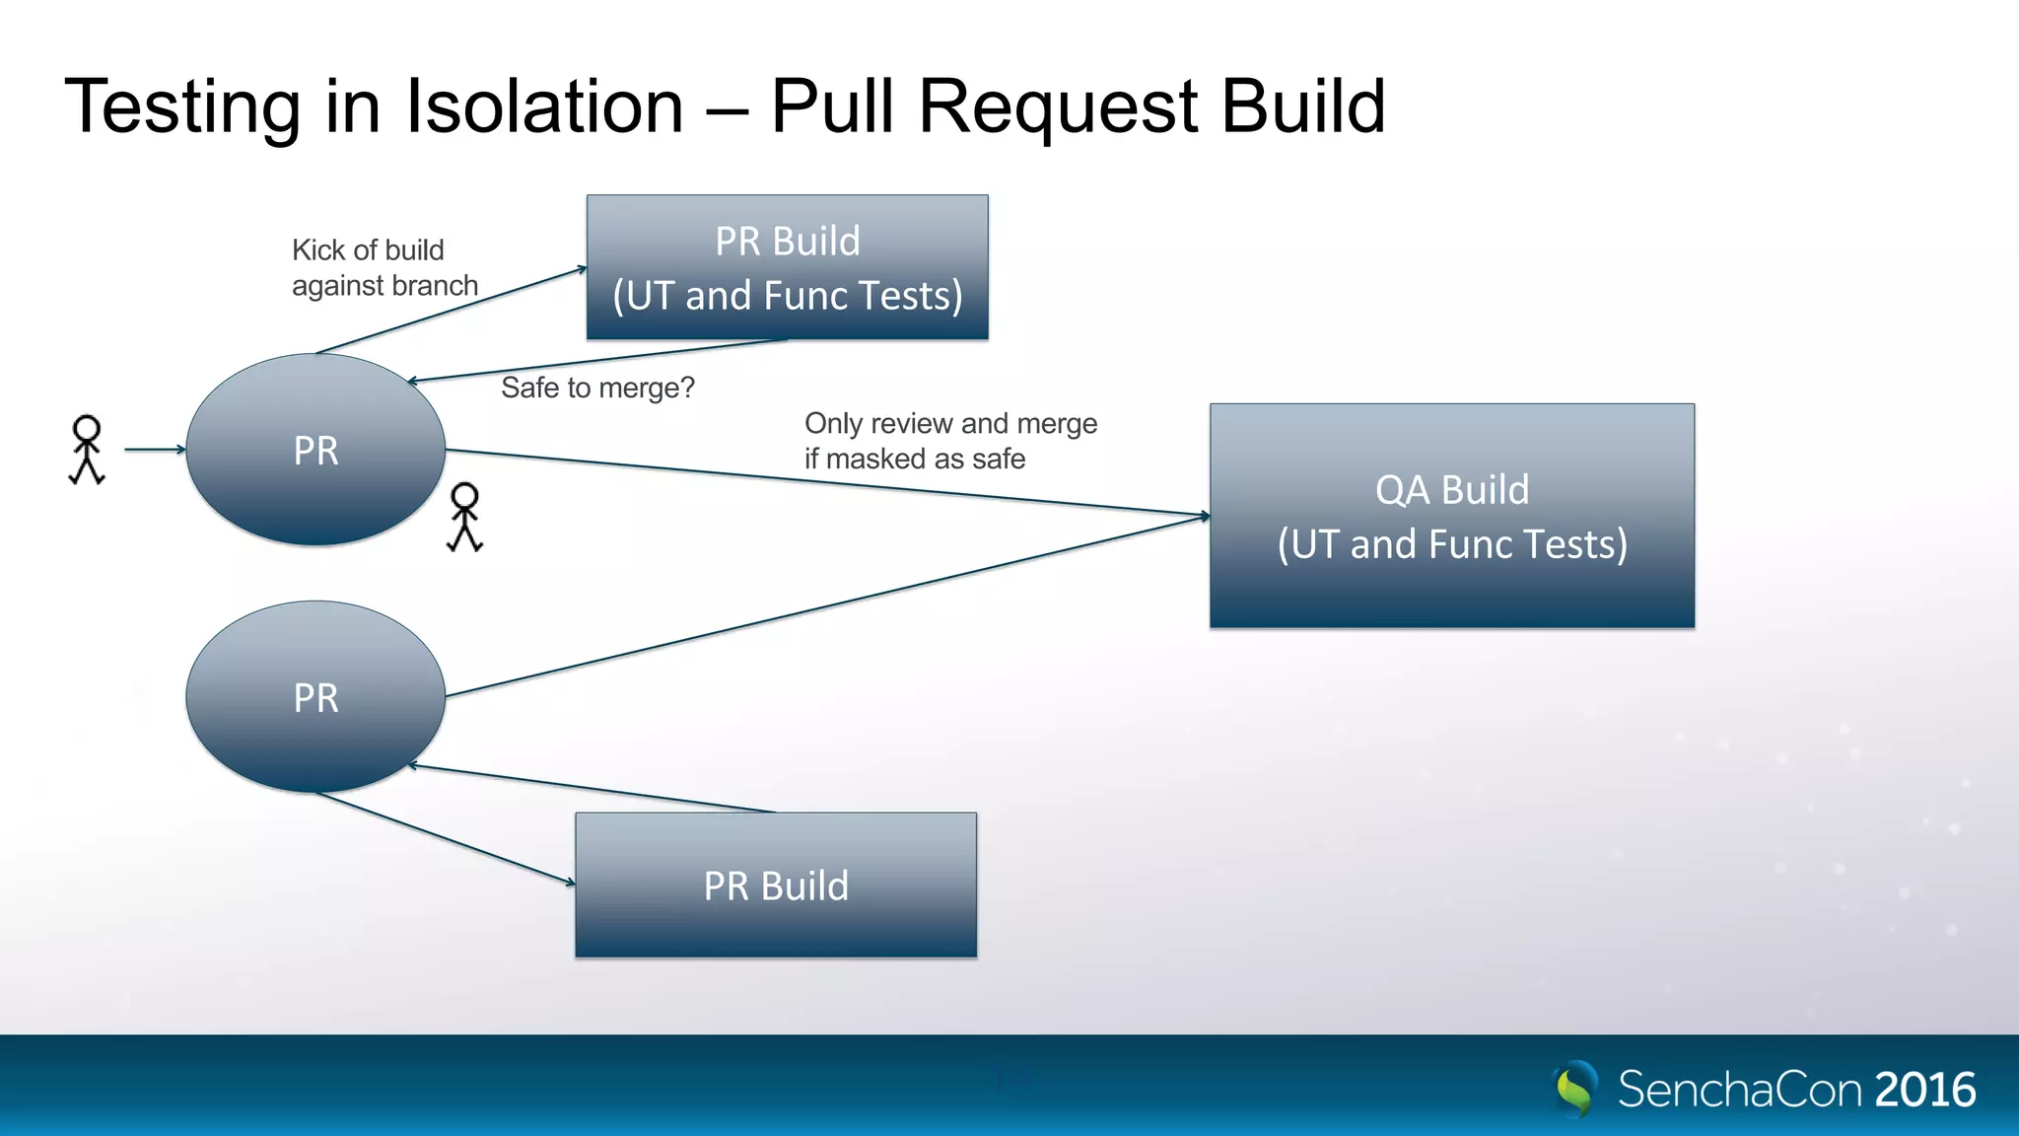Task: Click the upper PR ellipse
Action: point(315,450)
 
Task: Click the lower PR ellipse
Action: point(315,697)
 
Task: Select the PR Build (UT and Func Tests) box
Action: point(787,267)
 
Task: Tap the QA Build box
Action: point(1451,516)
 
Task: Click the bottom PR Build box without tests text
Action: point(776,885)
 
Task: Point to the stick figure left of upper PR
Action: point(87,450)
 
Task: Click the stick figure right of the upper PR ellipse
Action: point(464,517)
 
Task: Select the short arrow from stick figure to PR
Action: point(155,450)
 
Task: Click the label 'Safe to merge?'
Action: point(597,388)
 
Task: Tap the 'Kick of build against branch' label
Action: point(383,267)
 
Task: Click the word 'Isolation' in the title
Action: point(544,106)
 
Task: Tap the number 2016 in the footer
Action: point(1924,1090)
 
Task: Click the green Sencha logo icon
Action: point(1575,1089)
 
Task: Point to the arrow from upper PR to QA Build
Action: point(828,482)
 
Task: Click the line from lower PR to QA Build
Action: point(828,605)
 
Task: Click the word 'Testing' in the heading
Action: point(182,106)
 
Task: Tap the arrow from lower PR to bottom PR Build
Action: point(444,837)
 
